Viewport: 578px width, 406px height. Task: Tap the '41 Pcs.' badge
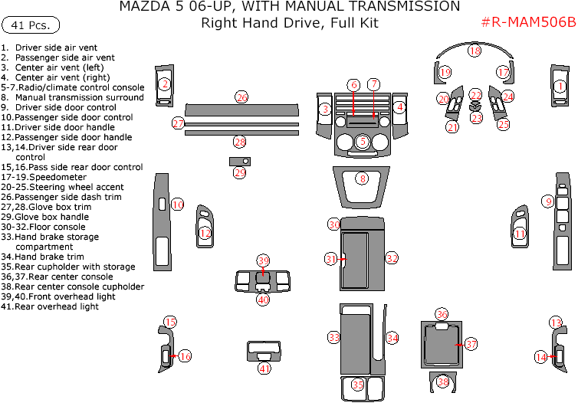pos(31,25)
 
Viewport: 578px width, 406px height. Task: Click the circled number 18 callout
pos(475,51)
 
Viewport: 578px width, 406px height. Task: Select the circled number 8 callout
pos(363,178)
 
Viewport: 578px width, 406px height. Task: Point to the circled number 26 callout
pos(241,97)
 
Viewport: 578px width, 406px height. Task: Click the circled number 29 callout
pos(240,173)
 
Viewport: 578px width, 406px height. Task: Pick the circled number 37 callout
pos(471,345)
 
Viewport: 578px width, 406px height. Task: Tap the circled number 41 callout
pos(264,368)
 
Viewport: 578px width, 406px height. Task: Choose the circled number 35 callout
pos(358,385)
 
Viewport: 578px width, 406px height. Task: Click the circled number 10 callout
pos(177,205)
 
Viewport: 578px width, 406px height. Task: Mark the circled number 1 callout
pos(560,87)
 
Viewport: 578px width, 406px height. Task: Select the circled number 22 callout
pos(476,95)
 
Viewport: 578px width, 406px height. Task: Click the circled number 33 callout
pos(333,337)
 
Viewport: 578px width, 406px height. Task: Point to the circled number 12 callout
pos(205,233)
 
